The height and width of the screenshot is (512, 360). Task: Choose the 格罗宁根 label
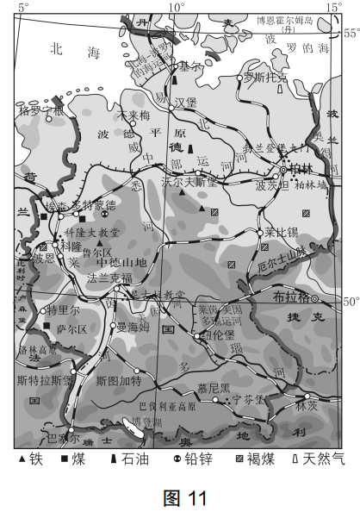click(x=40, y=110)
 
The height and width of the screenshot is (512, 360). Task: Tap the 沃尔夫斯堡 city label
click(x=189, y=181)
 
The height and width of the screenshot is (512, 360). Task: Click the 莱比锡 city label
click(x=281, y=232)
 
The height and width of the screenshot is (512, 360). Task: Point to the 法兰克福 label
click(x=109, y=278)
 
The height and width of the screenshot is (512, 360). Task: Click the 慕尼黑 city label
click(x=214, y=387)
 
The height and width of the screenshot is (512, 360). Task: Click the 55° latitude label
click(x=351, y=34)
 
